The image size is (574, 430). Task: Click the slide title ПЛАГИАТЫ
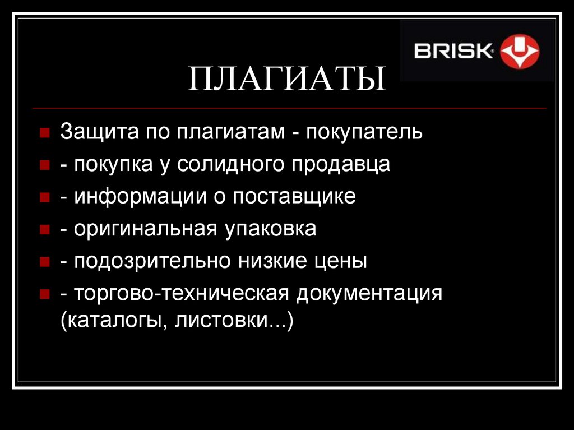[x=287, y=79]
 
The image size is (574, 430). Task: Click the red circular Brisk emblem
[x=519, y=52]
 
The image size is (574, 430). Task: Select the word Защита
[x=99, y=132]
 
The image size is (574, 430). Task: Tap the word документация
[x=370, y=293]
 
